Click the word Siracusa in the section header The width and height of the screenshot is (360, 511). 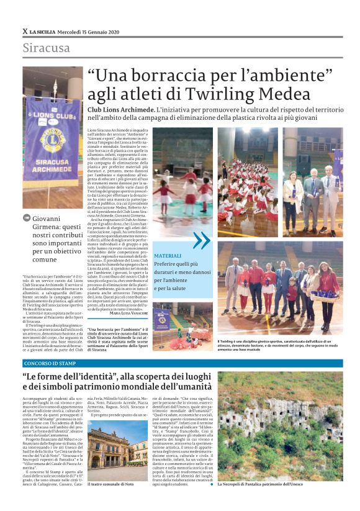[x=47, y=48]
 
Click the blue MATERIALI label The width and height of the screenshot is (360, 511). [x=168, y=255]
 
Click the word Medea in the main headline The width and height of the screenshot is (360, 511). [x=308, y=94]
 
